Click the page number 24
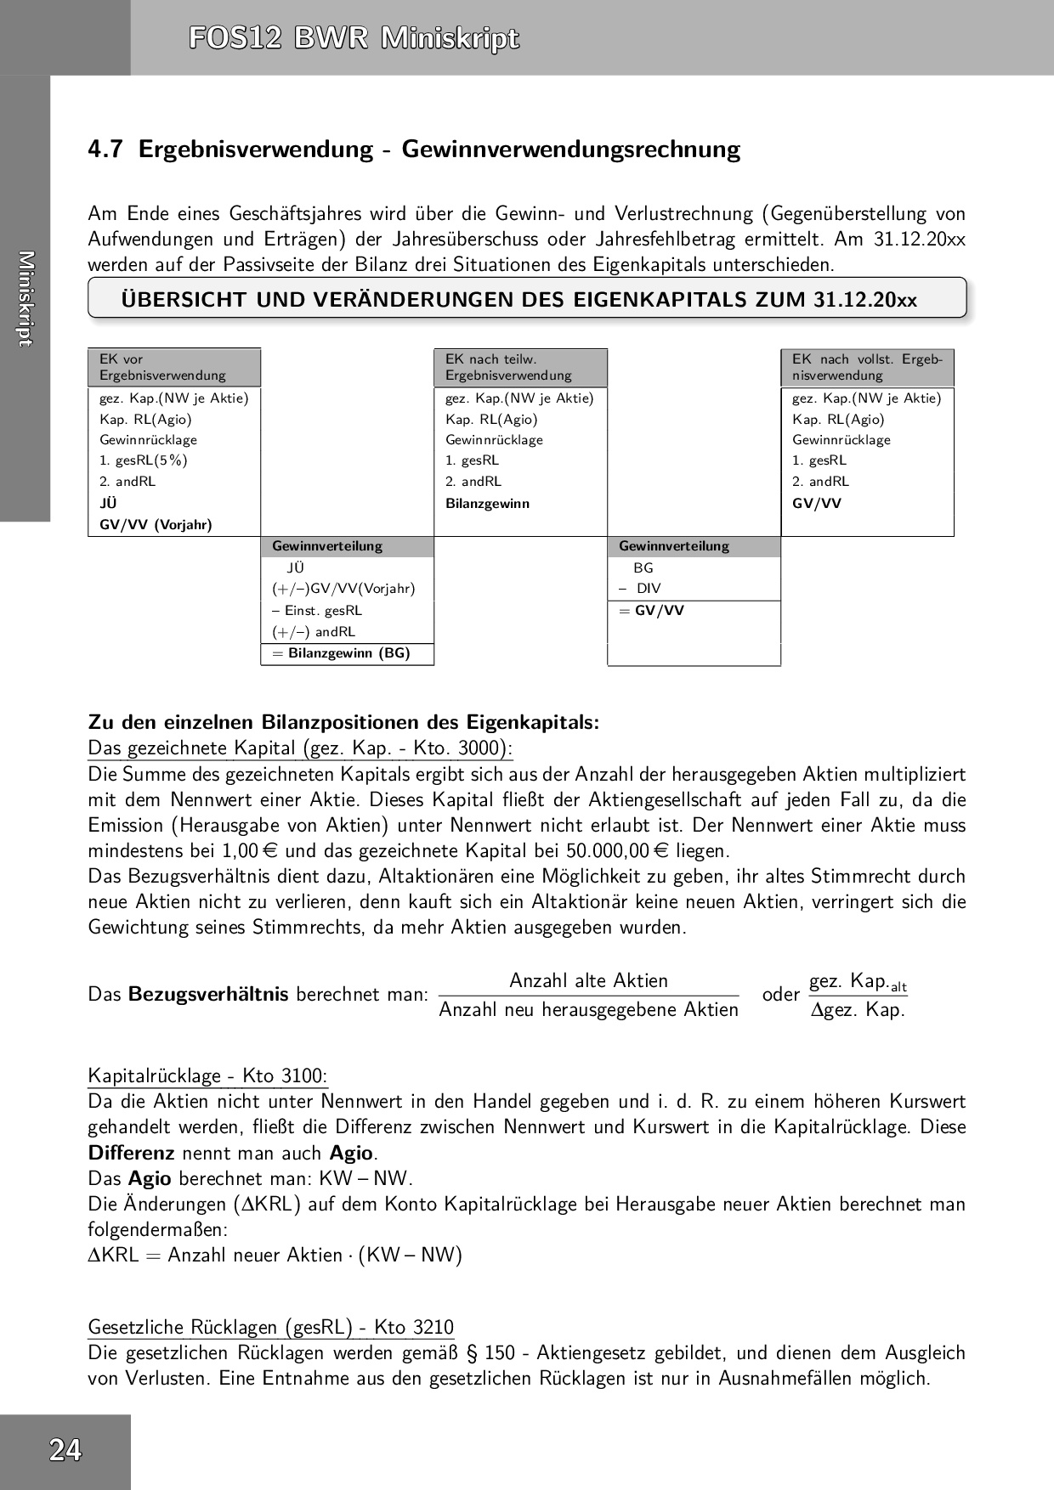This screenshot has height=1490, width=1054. pos(65,1449)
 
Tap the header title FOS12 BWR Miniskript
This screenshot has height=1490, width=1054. pos(354,39)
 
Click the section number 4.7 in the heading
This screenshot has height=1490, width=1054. pos(105,150)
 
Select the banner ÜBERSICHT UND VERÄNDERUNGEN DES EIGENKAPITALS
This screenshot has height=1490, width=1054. pos(519,300)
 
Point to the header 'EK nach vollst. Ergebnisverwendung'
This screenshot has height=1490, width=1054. pos(867,367)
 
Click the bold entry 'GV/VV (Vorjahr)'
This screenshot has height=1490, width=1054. pos(156,524)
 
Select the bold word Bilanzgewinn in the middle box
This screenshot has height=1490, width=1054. pos(487,503)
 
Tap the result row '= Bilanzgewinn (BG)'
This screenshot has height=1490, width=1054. pos(347,653)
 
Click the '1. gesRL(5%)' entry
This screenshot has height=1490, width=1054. pos(144,460)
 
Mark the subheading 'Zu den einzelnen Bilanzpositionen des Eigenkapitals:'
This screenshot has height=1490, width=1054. pos(343,722)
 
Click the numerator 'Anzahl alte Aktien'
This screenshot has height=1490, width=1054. pos(588,980)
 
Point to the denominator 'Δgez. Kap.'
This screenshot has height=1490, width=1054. pos(858,1009)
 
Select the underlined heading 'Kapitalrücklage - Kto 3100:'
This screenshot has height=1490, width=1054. pos(207,1075)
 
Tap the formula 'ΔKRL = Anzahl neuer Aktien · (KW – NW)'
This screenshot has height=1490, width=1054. pos(275,1255)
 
